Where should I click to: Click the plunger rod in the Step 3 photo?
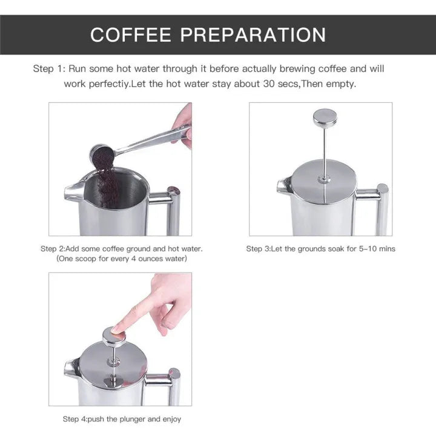pos(325,151)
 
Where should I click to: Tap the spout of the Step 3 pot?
pos(284,187)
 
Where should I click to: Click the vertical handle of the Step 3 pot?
pos(382,209)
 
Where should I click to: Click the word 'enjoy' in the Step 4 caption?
pos(170,419)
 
